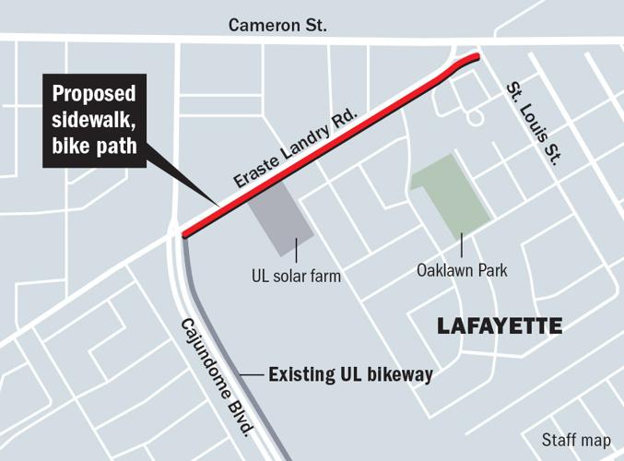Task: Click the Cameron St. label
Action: point(277,24)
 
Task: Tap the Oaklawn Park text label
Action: point(462,271)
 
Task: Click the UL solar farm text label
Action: point(297,275)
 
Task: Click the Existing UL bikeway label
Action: point(350,375)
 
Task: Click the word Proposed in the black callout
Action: point(94,95)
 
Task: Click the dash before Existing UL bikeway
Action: point(251,375)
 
